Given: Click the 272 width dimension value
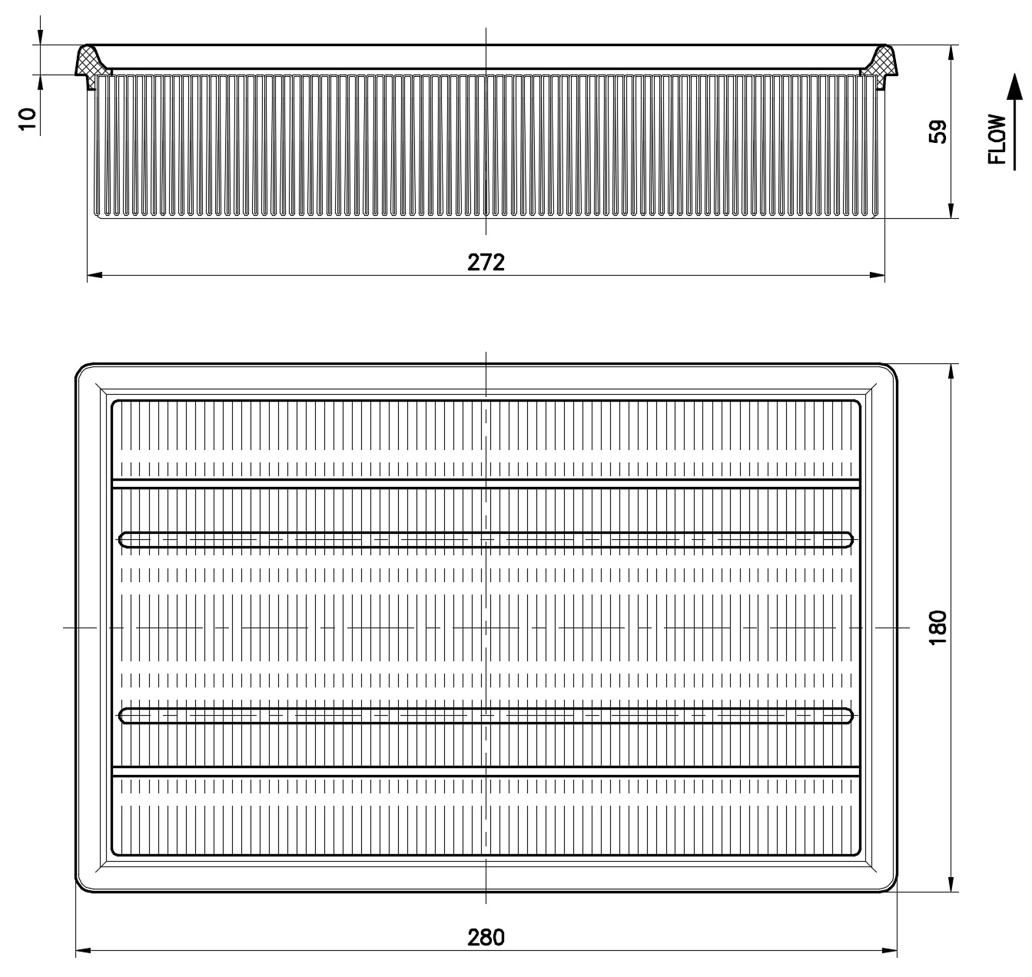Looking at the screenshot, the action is click(x=486, y=263).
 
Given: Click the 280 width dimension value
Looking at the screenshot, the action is click(x=486, y=937).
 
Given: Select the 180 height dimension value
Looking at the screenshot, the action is click(x=937, y=628).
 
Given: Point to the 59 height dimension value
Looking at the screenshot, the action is click(x=937, y=131).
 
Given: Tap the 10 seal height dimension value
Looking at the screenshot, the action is click(x=28, y=119).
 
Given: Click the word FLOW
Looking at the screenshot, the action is click(x=997, y=139).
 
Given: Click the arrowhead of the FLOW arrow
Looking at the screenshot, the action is click(x=1014, y=86).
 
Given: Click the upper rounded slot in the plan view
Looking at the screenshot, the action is click(x=486, y=539).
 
